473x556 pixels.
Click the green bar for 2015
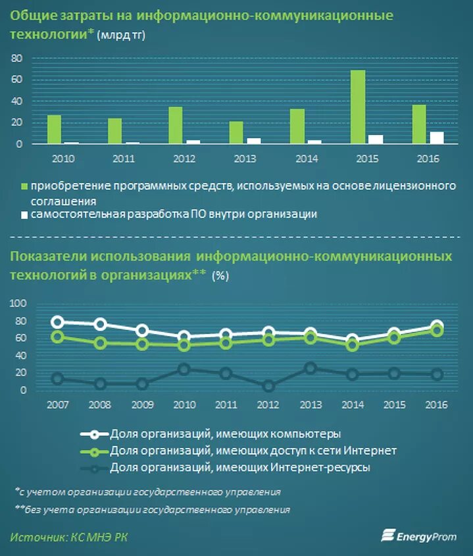[357, 107]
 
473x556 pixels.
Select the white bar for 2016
[437, 137]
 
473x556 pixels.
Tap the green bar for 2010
[54, 129]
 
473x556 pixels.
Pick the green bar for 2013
[236, 132]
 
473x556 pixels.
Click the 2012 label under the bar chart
[183, 159]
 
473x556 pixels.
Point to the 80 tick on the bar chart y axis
[17, 59]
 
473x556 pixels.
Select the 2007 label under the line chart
[57, 405]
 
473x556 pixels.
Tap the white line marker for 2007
[57, 322]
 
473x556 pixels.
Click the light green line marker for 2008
[101, 343]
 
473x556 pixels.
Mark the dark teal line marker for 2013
[311, 368]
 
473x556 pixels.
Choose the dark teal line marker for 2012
[268, 386]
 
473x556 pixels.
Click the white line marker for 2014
[353, 340]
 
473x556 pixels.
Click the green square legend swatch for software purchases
[24, 186]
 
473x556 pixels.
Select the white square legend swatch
[24, 214]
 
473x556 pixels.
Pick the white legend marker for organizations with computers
[94, 434]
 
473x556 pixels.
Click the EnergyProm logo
[418, 536]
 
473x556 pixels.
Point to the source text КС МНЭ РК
[98, 538]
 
